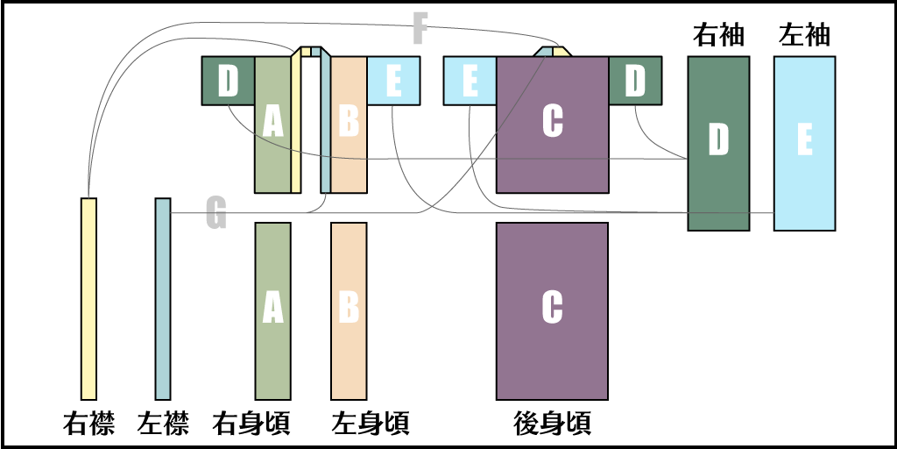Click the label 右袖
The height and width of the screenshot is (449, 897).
(x=718, y=35)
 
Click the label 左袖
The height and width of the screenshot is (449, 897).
(x=804, y=35)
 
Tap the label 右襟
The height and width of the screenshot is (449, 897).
(x=88, y=424)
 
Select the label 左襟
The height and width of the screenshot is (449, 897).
(x=163, y=424)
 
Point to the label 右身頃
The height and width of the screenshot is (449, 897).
(x=252, y=424)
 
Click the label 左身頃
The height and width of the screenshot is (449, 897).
(x=371, y=424)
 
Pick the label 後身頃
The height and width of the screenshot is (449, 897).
(x=552, y=424)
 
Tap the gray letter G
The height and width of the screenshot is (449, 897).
(x=215, y=214)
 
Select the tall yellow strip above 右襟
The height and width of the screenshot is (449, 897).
(x=88, y=298)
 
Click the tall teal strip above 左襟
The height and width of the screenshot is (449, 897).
(x=163, y=298)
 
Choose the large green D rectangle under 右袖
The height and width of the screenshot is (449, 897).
(x=718, y=143)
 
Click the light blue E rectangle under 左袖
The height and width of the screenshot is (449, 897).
(x=804, y=143)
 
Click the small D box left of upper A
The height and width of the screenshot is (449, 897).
(x=228, y=81)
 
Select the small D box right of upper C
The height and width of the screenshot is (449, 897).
(x=635, y=81)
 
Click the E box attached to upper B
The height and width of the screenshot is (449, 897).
(x=393, y=81)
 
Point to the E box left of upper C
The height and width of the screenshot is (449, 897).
(x=470, y=81)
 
